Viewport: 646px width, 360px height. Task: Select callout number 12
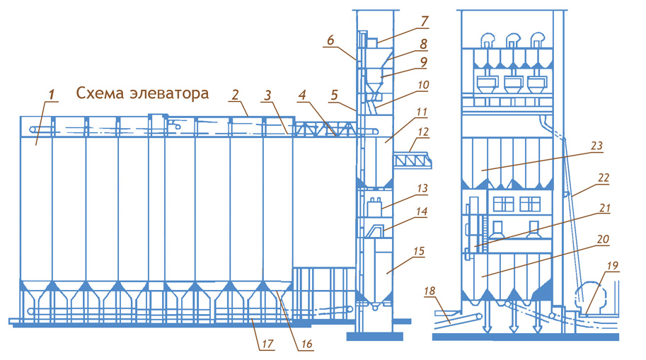click(424, 132)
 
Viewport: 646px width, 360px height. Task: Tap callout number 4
click(303, 94)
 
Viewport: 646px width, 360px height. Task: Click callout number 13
click(424, 189)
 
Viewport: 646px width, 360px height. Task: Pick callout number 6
click(330, 42)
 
